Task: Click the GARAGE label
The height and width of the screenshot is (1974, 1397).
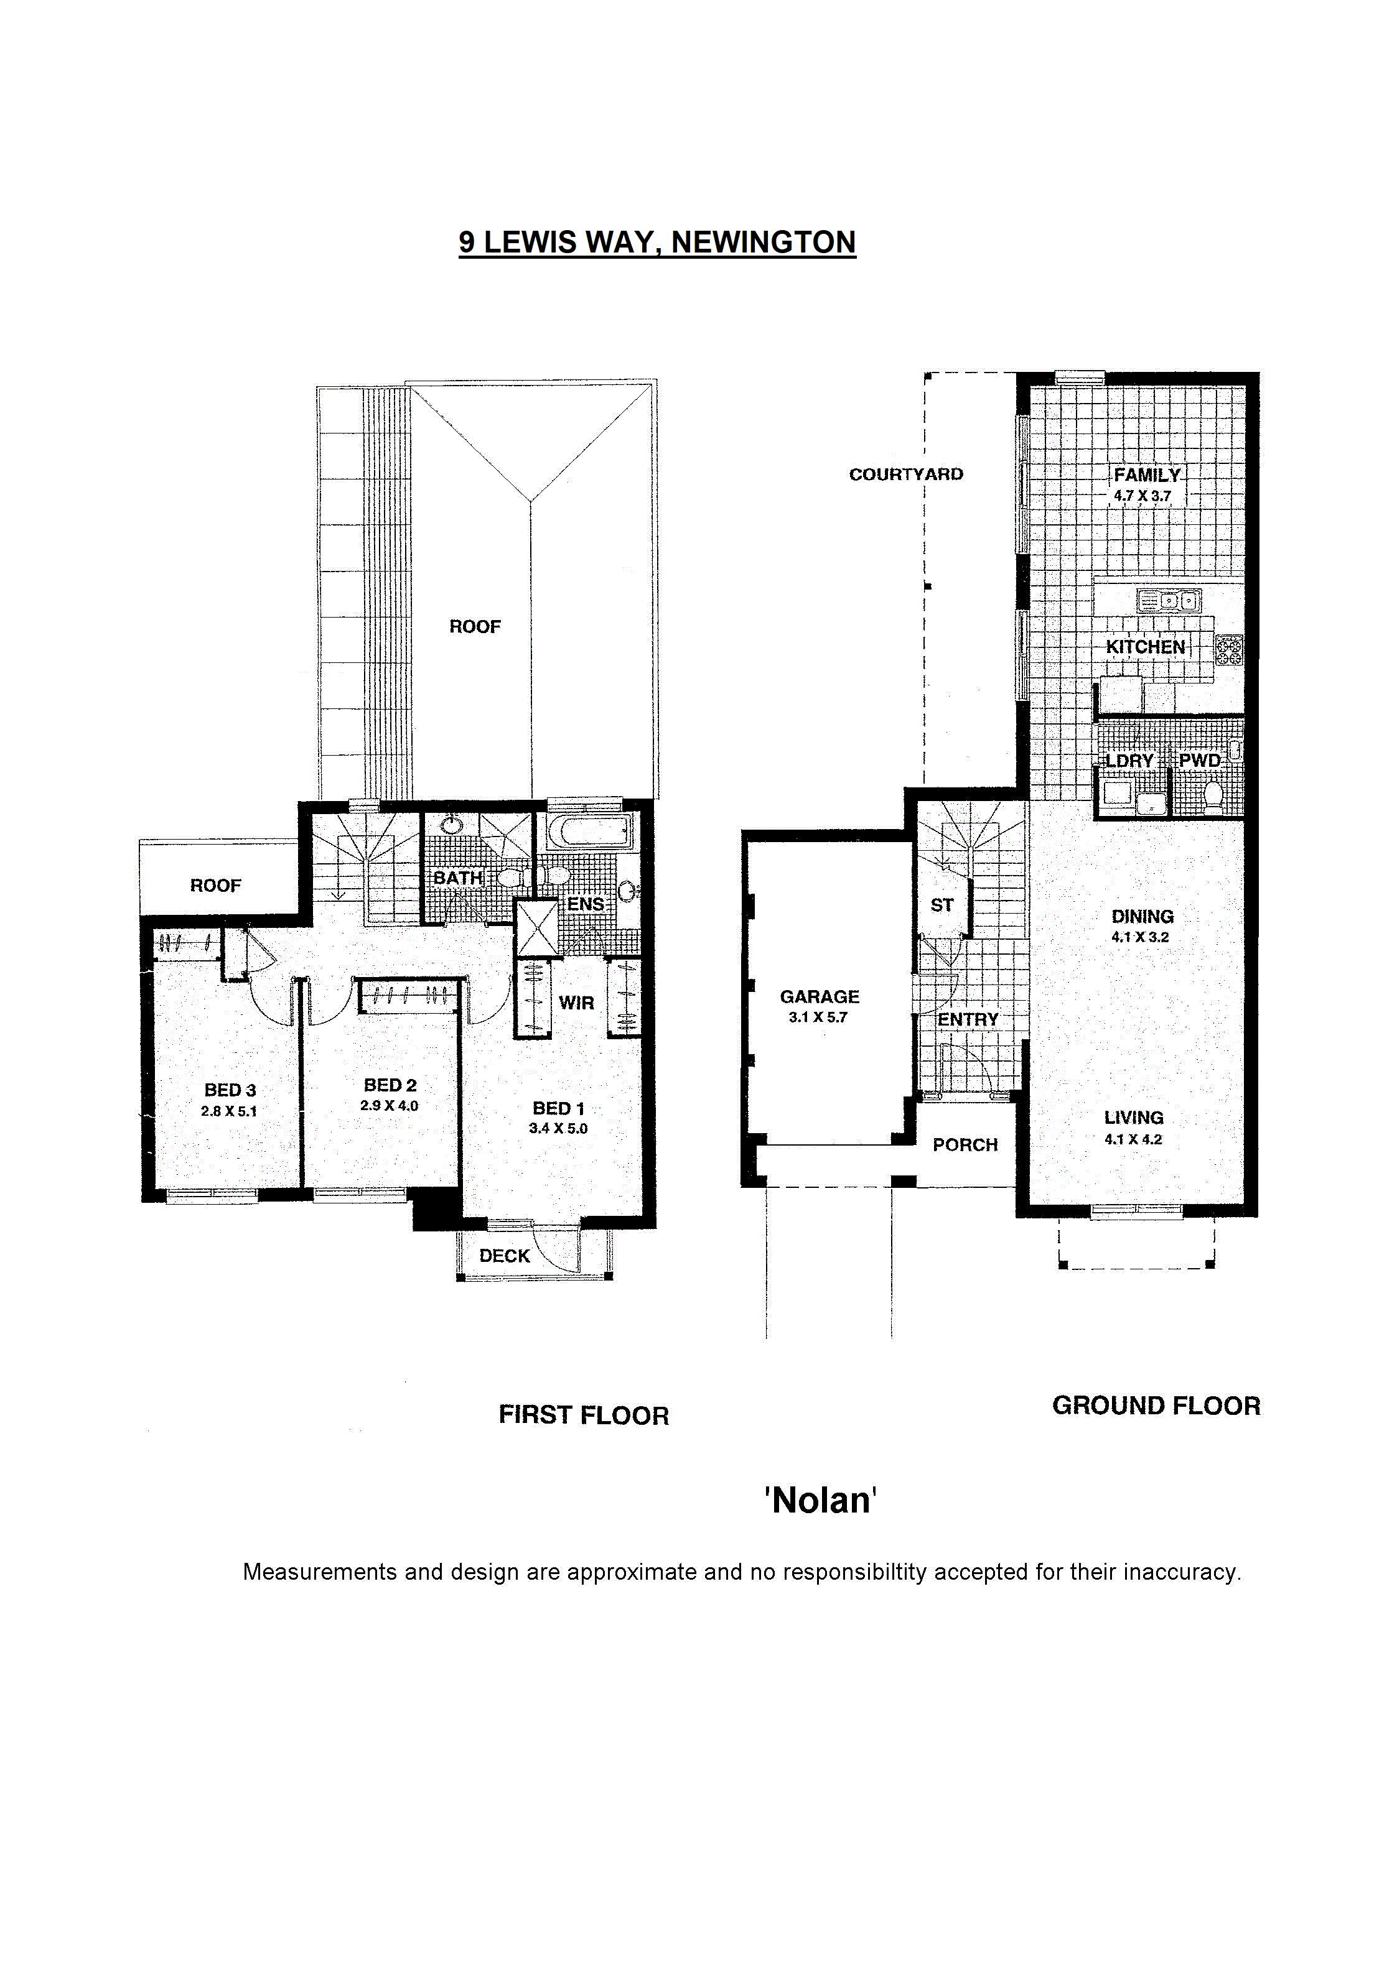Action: click(x=819, y=996)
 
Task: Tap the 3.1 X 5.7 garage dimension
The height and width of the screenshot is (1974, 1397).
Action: click(x=818, y=1017)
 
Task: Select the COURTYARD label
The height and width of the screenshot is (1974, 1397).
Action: click(x=906, y=475)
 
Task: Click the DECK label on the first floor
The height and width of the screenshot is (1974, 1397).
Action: click(x=505, y=1256)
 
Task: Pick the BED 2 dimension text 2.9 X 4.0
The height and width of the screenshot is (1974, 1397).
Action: click(x=389, y=1106)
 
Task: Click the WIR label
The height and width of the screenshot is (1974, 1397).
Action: click(x=576, y=1003)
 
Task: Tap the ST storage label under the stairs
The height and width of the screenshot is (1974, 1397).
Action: click(x=942, y=906)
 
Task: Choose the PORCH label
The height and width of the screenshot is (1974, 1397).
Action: click(x=965, y=1145)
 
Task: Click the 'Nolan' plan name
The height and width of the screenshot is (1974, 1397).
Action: click(x=821, y=1500)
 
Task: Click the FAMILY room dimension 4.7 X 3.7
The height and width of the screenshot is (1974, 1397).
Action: click(x=1142, y=496)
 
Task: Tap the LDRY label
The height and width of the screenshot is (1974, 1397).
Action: click(x=1129, y=761)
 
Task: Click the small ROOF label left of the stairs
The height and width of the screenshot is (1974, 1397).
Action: click(x=216, y=886)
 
